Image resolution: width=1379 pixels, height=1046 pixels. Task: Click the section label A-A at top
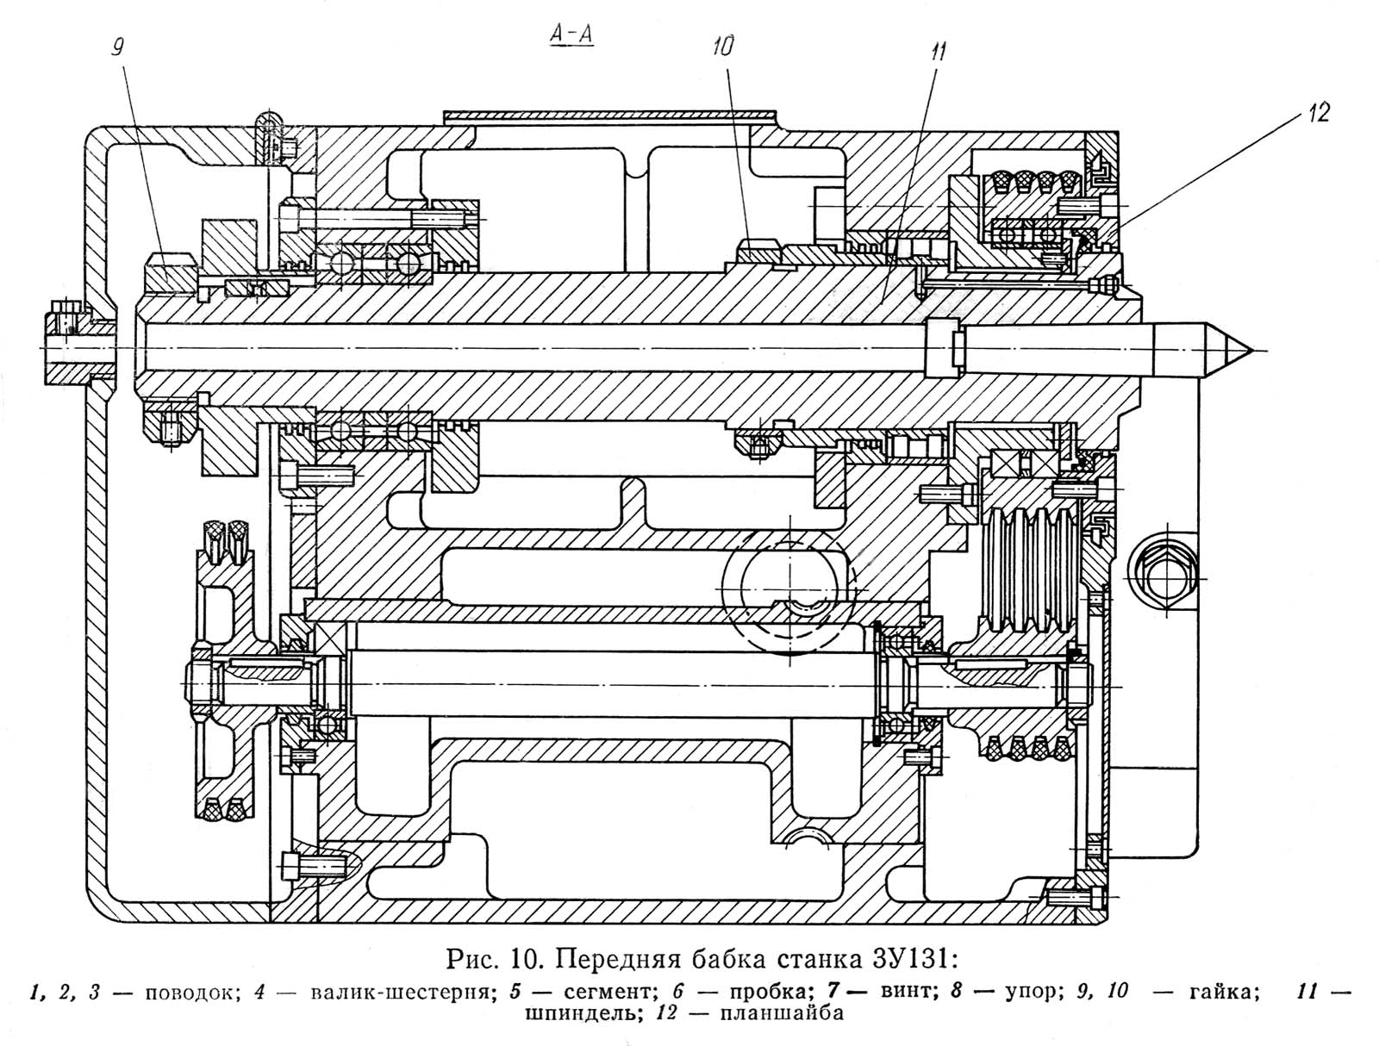pos(571,36)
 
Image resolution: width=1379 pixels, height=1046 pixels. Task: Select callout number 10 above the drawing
pos(724,47)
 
